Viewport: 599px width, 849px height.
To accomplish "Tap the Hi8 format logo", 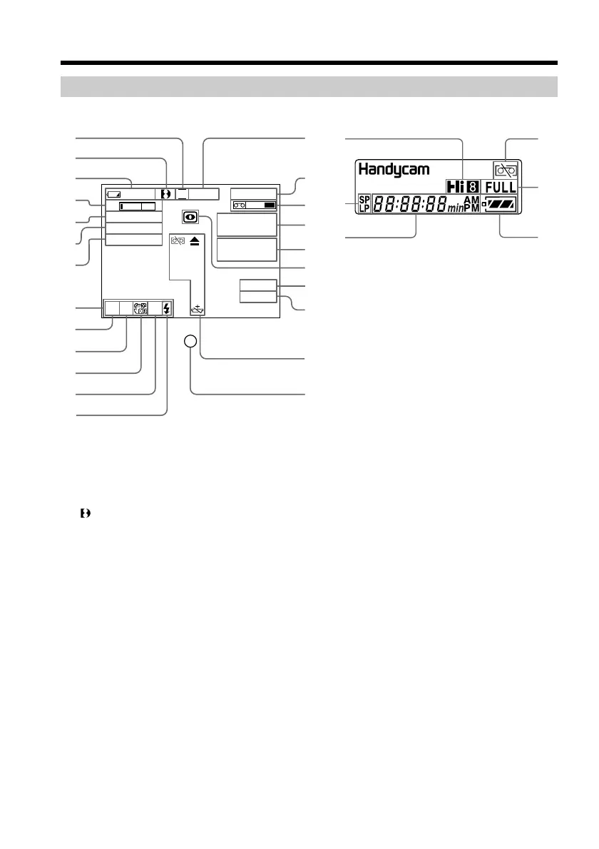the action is click(464, 187).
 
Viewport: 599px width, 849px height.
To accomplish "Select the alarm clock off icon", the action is click(140, 307).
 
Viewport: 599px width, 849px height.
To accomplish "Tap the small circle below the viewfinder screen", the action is click(190, 342).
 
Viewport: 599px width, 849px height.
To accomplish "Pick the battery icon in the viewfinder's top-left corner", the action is click(114, 193).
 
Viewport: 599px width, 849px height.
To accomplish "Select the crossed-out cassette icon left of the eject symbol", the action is click(178, 242).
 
